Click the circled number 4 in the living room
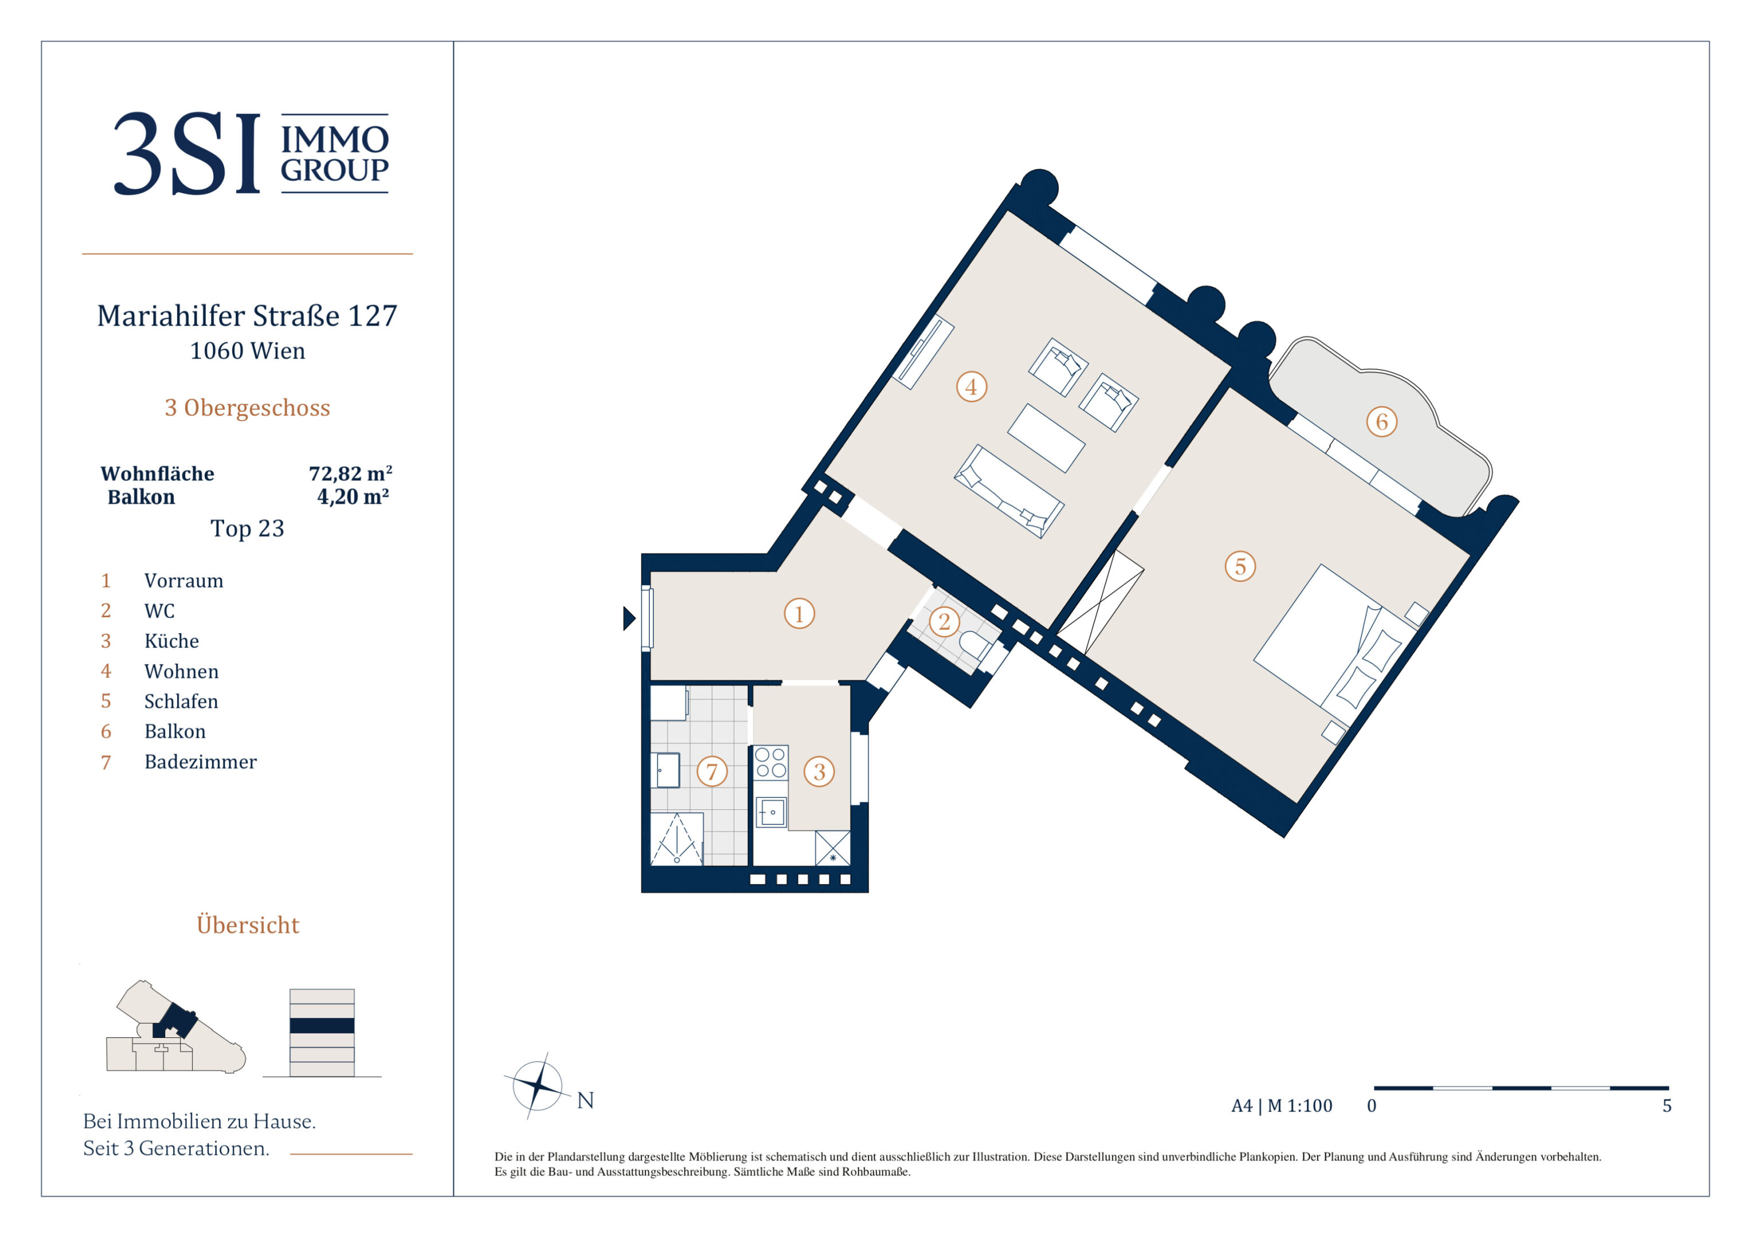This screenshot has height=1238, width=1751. (972, 387)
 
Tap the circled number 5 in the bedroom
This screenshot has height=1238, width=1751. (1240, 566)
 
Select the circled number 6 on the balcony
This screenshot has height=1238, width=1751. (1381, 422)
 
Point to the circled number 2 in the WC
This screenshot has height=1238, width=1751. (944, 622)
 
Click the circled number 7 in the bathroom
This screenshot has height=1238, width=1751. (711, 771)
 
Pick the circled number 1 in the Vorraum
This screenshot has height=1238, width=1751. (799, 613)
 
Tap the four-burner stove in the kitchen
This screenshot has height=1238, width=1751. (770, 762)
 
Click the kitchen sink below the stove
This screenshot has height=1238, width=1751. (771, 812)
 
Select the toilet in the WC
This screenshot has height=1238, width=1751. (976, 645)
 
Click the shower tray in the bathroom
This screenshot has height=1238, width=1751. (676, 839)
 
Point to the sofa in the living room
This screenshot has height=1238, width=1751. (1008, 491)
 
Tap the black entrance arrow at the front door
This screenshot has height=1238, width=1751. (629, 618)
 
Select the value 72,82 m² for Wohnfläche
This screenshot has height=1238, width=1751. (350, 473)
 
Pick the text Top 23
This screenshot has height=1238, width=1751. (247, 528)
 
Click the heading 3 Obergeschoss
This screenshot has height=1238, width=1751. (248, 408)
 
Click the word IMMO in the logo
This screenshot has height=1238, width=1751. (335, 140)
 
